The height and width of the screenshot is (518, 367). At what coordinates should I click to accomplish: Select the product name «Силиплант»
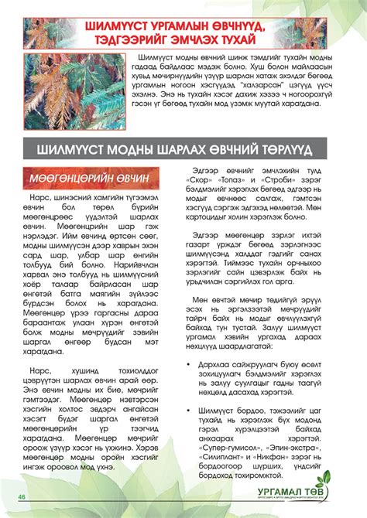pyautogui.click(x=226, y=436)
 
